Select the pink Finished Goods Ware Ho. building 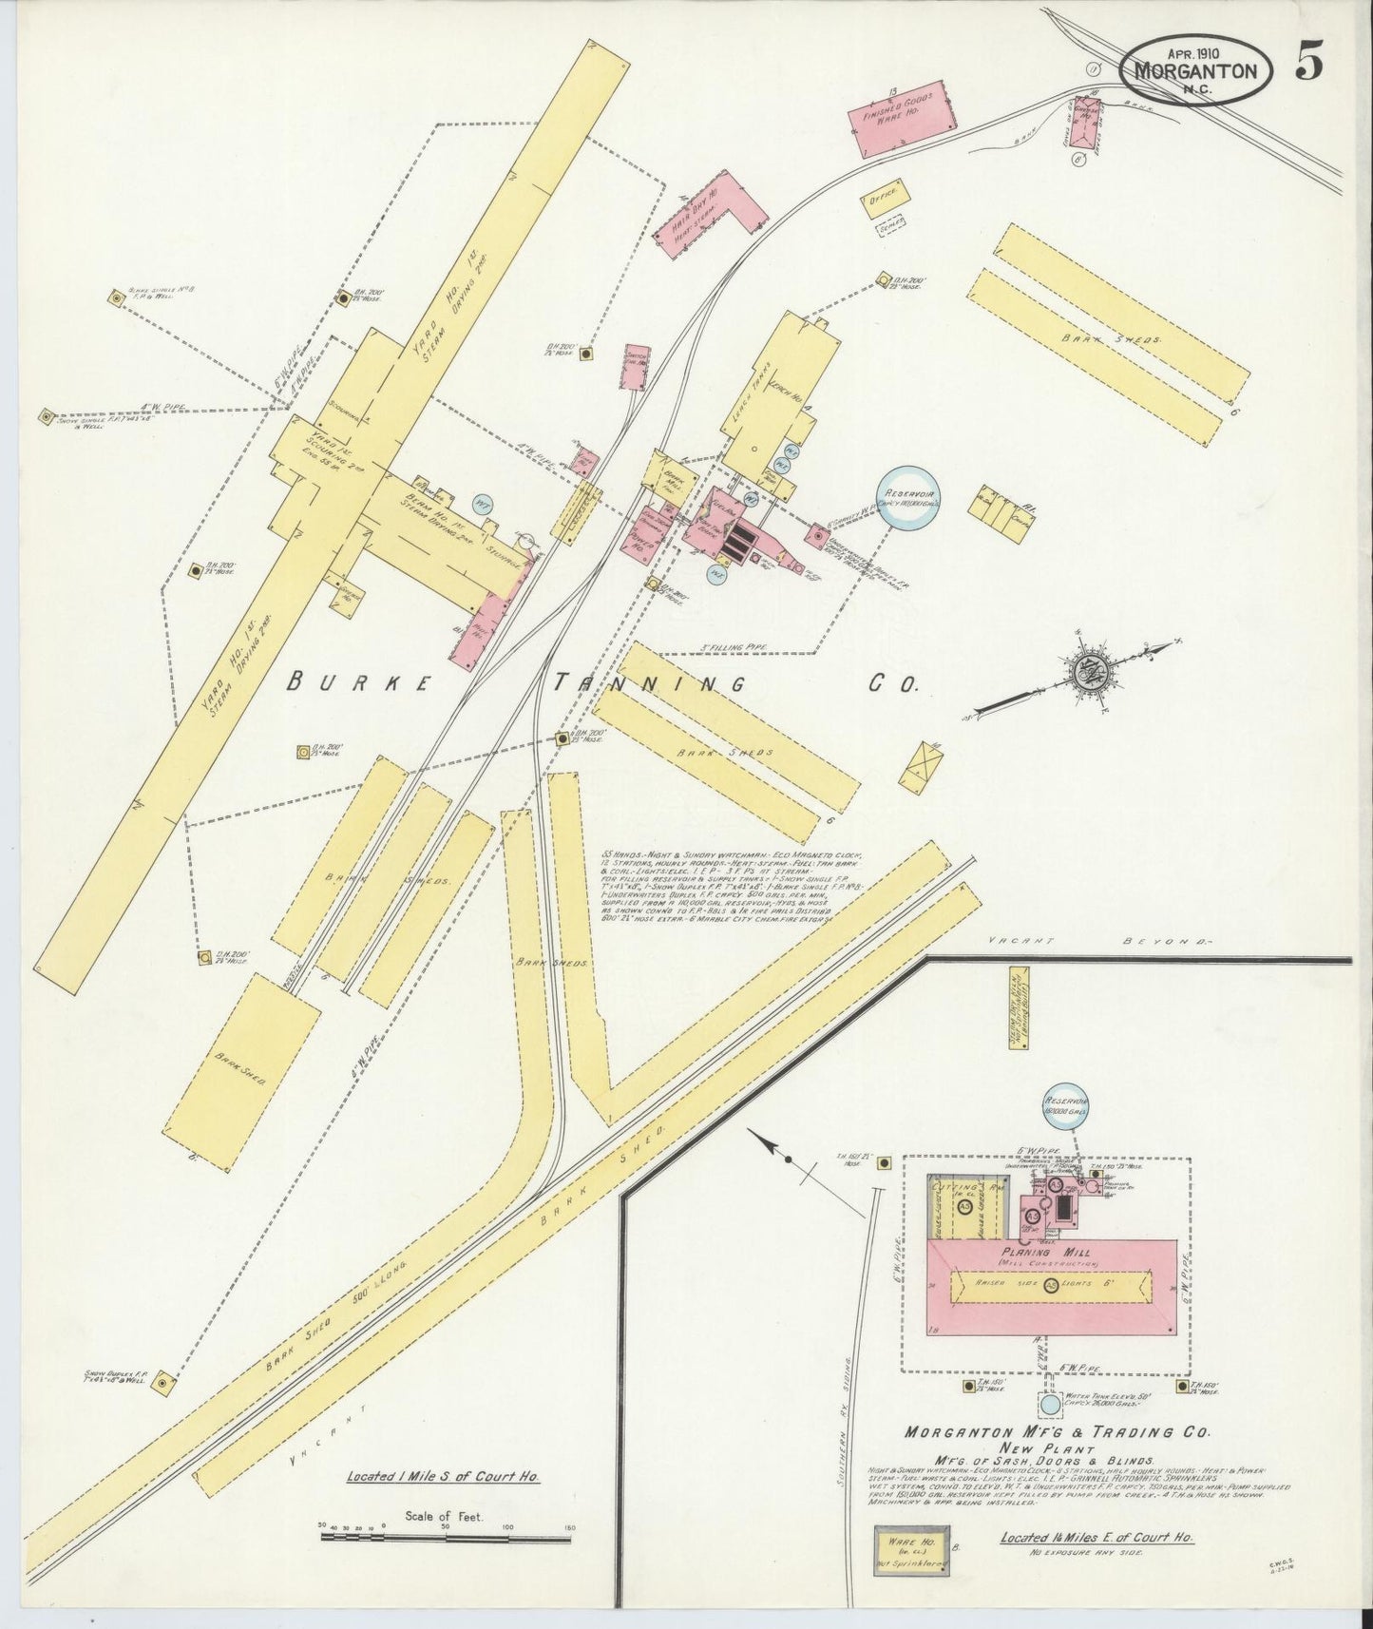tap(902, 122)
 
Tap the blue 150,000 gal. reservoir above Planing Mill tap(1066, 1106)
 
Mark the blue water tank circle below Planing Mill tap(1049, 1403)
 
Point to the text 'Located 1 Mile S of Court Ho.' tap(444, 1477)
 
